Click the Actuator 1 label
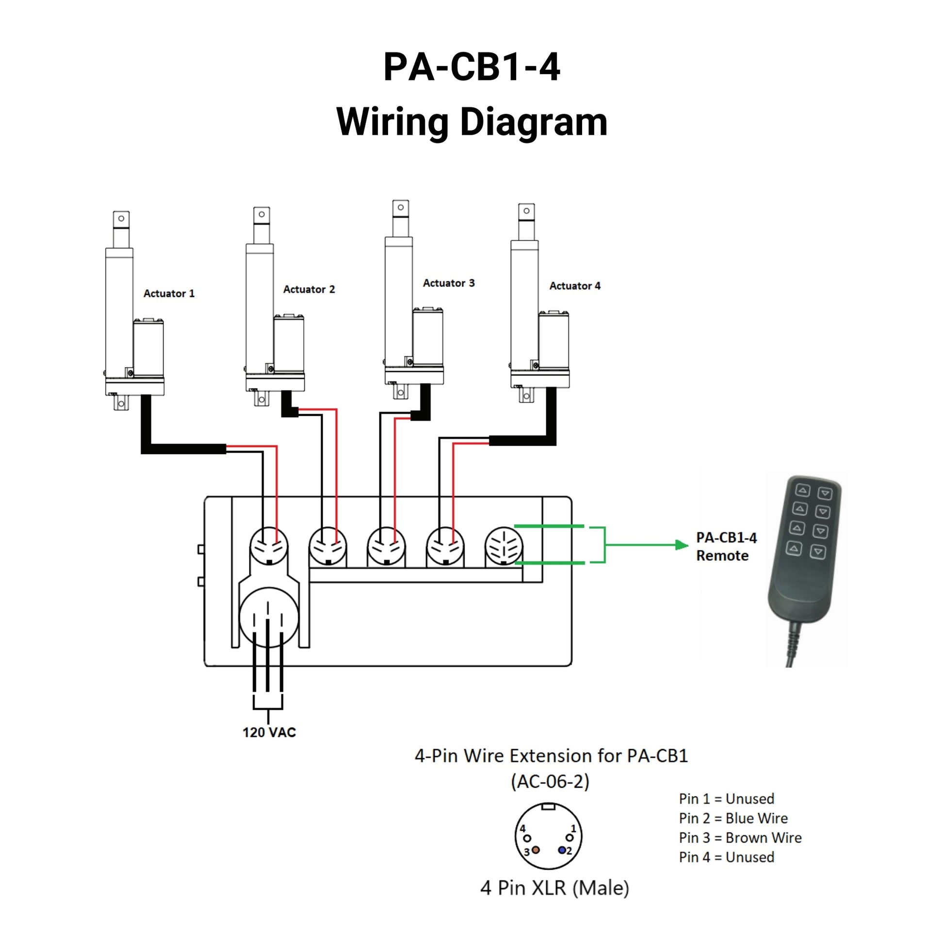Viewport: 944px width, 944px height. pos(169,293)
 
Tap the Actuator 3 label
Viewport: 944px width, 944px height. pos(449,283)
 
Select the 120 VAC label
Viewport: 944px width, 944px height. pos(269,732)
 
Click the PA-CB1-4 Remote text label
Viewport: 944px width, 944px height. pos(726,547)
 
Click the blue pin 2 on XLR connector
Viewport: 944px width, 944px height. pos(562,850)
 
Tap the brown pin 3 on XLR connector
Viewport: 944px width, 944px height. pos(536,850)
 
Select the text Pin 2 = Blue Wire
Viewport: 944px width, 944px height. pos(733,818)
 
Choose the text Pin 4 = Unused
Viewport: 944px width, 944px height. pos(727,858)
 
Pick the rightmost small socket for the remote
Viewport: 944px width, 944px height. pos(503,546)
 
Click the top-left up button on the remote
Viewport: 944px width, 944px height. pos(803,490)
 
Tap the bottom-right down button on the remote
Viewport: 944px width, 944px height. pos(817,552)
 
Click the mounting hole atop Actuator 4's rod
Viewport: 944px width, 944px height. pos(526,211)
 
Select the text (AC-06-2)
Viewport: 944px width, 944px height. pos(550,782)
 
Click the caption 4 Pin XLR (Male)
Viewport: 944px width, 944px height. pos(554,888)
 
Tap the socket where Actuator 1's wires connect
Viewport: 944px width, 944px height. pos(268,546)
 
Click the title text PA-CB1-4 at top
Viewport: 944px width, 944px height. pos(472,67)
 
